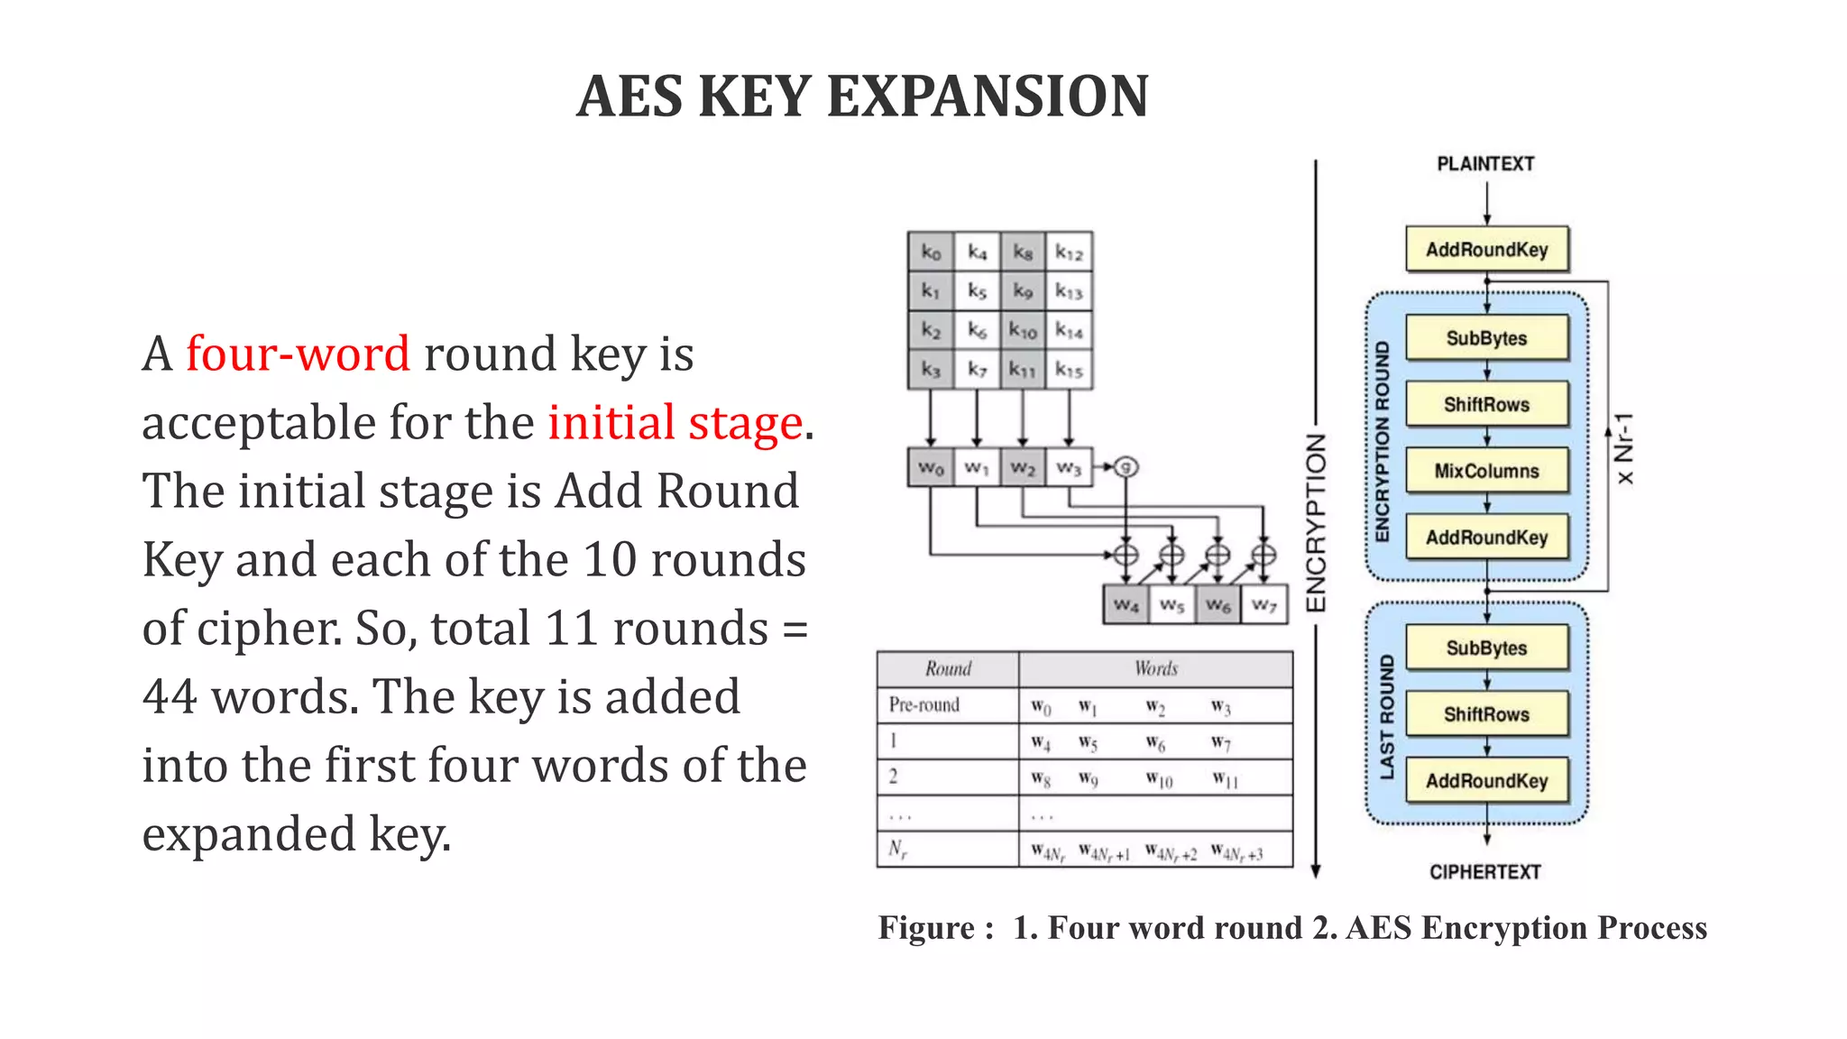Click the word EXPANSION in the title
988,97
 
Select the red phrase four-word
298,353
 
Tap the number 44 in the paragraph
170,696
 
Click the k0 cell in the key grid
931,253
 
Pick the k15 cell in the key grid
1069,370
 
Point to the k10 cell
1023,331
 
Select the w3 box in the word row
1069,467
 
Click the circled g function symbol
1126,466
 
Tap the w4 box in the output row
1126,604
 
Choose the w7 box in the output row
1264,604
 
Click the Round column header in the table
948,668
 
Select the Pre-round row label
923,704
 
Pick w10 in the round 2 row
1159,779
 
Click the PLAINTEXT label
1485,164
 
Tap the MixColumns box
1486,471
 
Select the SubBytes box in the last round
1486,648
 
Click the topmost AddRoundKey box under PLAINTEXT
1486,250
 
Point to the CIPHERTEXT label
1485,872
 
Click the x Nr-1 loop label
1624,448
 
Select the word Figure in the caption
926,928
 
